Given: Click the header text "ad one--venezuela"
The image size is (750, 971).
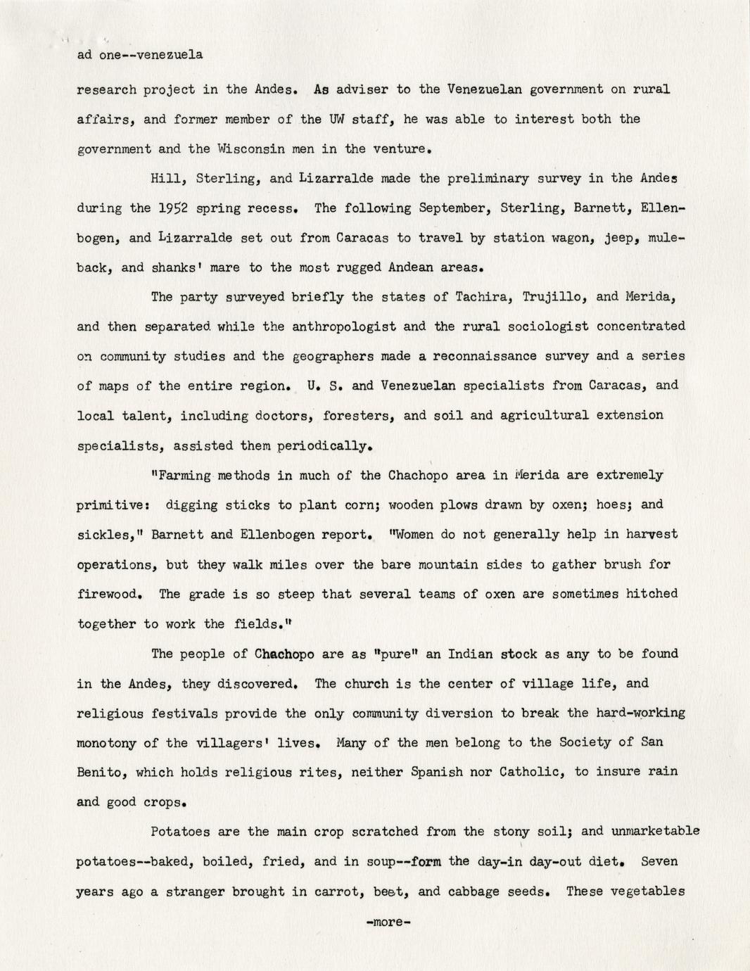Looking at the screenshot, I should click(x=139, y=55).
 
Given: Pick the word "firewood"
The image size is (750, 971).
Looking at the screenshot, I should click(x=110, y=594).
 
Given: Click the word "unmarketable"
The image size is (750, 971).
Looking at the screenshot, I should click(x=655, y=831).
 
